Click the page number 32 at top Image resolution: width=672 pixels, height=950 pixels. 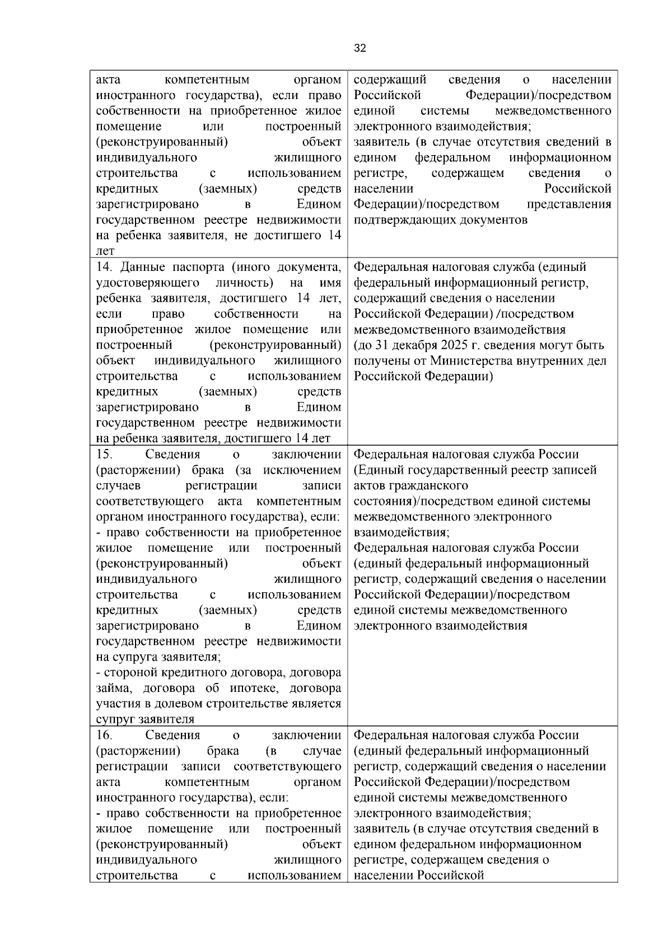(x=360, y=49)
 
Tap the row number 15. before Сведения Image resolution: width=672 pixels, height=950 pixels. (x=105, y=454)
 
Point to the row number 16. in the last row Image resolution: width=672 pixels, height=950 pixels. (x=105, y=734)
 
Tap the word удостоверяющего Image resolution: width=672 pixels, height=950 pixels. (x=148, y=282)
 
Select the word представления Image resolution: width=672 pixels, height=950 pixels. (x=569, y=204)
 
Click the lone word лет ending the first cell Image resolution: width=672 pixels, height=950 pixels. (x=105, y=251)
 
